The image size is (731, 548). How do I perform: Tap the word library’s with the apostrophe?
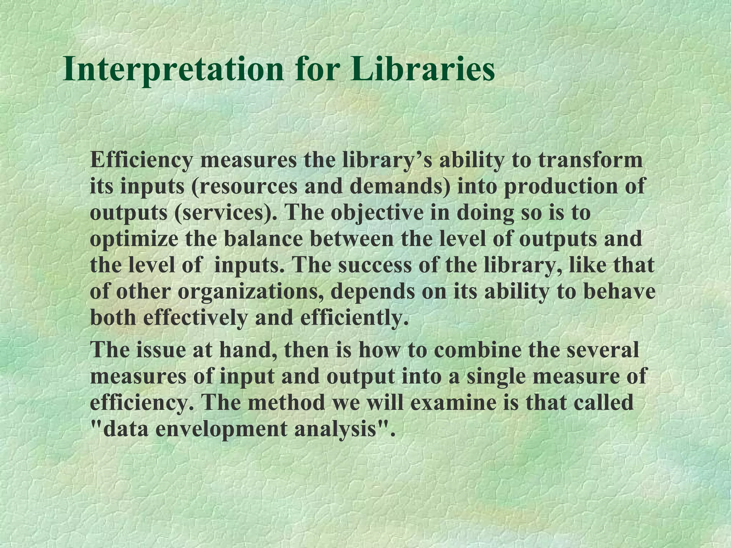[385, 161]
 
